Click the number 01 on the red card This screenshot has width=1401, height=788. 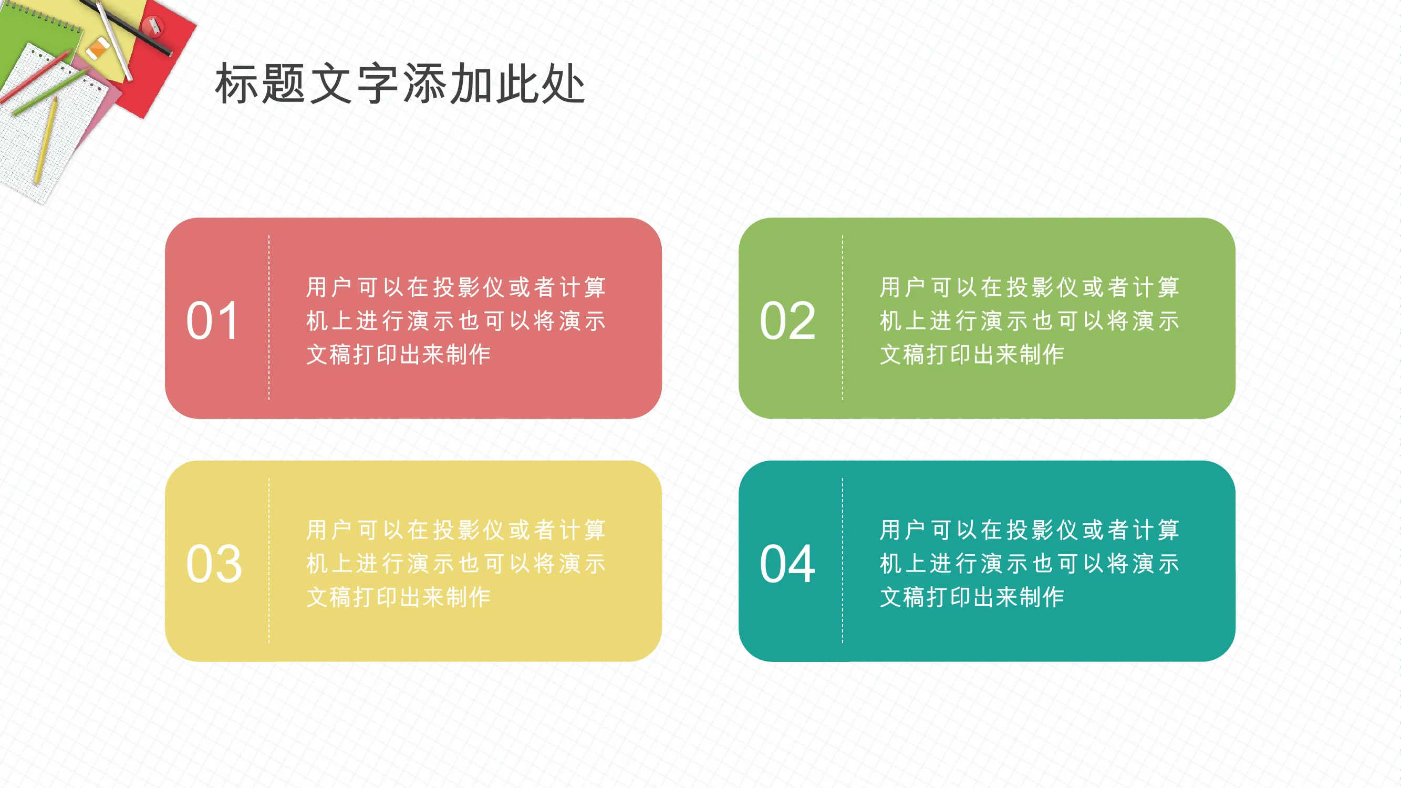(213, 321)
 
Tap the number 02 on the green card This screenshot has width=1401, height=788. (787, 321)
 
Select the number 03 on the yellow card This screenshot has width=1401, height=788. (214, 564)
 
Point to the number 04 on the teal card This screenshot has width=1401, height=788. (787, 564)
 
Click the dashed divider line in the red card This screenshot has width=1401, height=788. (268, 318)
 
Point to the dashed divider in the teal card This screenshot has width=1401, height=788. (843, 561)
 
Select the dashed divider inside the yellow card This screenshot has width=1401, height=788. (268, 561)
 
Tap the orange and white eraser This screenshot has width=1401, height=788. (98, 49)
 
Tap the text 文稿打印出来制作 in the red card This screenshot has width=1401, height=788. (399, 355)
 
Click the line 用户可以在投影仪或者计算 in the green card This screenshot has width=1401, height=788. (1030, 287)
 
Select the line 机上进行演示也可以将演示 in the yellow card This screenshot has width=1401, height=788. (456, 563)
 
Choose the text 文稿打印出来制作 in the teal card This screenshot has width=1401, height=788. (972, 597)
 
